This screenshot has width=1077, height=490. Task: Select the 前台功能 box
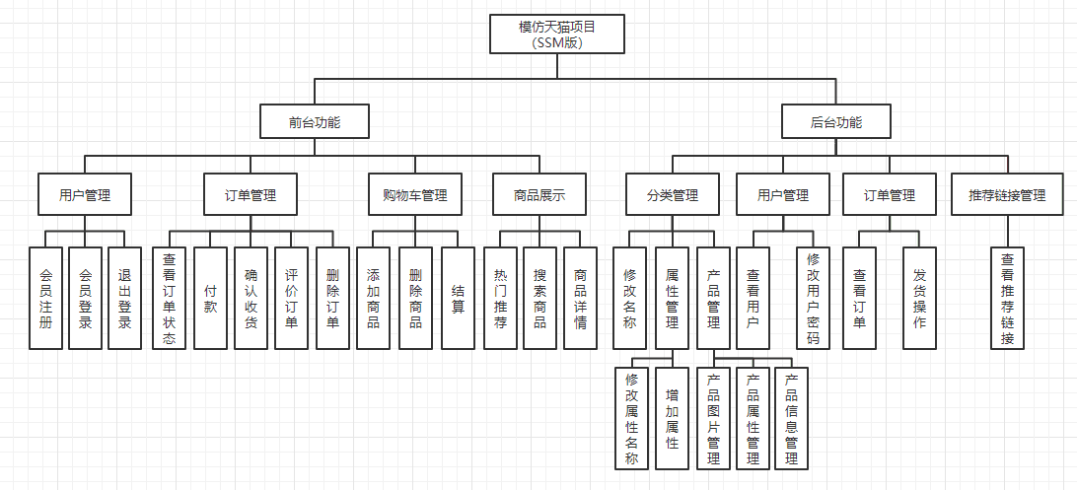pos(315,123)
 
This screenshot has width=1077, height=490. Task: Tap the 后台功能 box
pos(836,123)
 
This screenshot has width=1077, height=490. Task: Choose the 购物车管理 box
pos(415,195)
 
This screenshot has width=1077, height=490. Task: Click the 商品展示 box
pos(539,195)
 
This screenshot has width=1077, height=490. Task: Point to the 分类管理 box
pos(672,195)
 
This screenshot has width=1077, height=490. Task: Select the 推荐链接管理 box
pos(1007,195)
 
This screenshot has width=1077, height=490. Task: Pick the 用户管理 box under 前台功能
pos(85,195)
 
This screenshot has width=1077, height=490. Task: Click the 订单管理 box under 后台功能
pos(890,195)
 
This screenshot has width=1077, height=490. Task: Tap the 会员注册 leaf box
pos(46,298)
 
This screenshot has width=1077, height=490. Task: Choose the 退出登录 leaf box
pos(125,298)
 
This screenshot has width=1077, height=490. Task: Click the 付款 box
pos(210,298)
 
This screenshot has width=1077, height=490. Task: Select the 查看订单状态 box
pos(169,298)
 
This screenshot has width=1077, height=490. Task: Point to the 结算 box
pos(459,298)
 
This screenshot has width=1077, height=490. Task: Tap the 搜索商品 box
pos(539,298)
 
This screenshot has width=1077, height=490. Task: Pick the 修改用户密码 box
pos(814,298)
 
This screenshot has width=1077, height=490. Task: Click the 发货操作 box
pos(920,298)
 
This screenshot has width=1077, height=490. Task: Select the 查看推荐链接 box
pos(1008,298)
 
